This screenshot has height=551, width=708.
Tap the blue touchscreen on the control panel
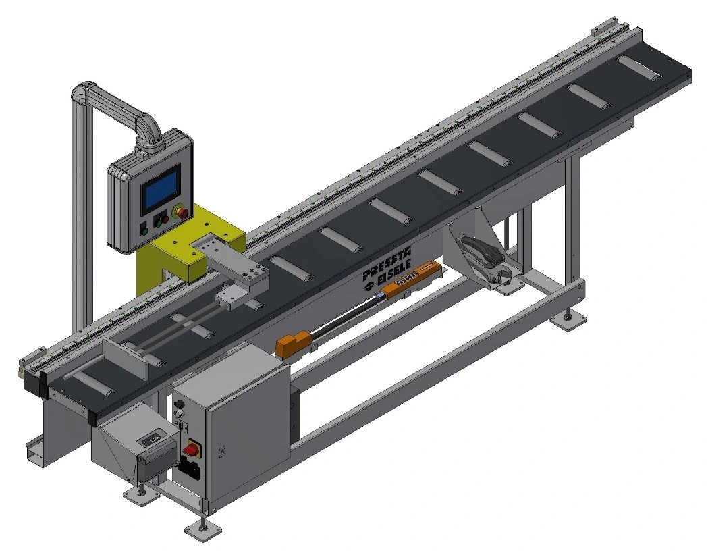[160, 190]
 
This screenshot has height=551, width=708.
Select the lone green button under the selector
[144, 232]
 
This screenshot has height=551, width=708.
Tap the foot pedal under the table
[484, 259]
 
